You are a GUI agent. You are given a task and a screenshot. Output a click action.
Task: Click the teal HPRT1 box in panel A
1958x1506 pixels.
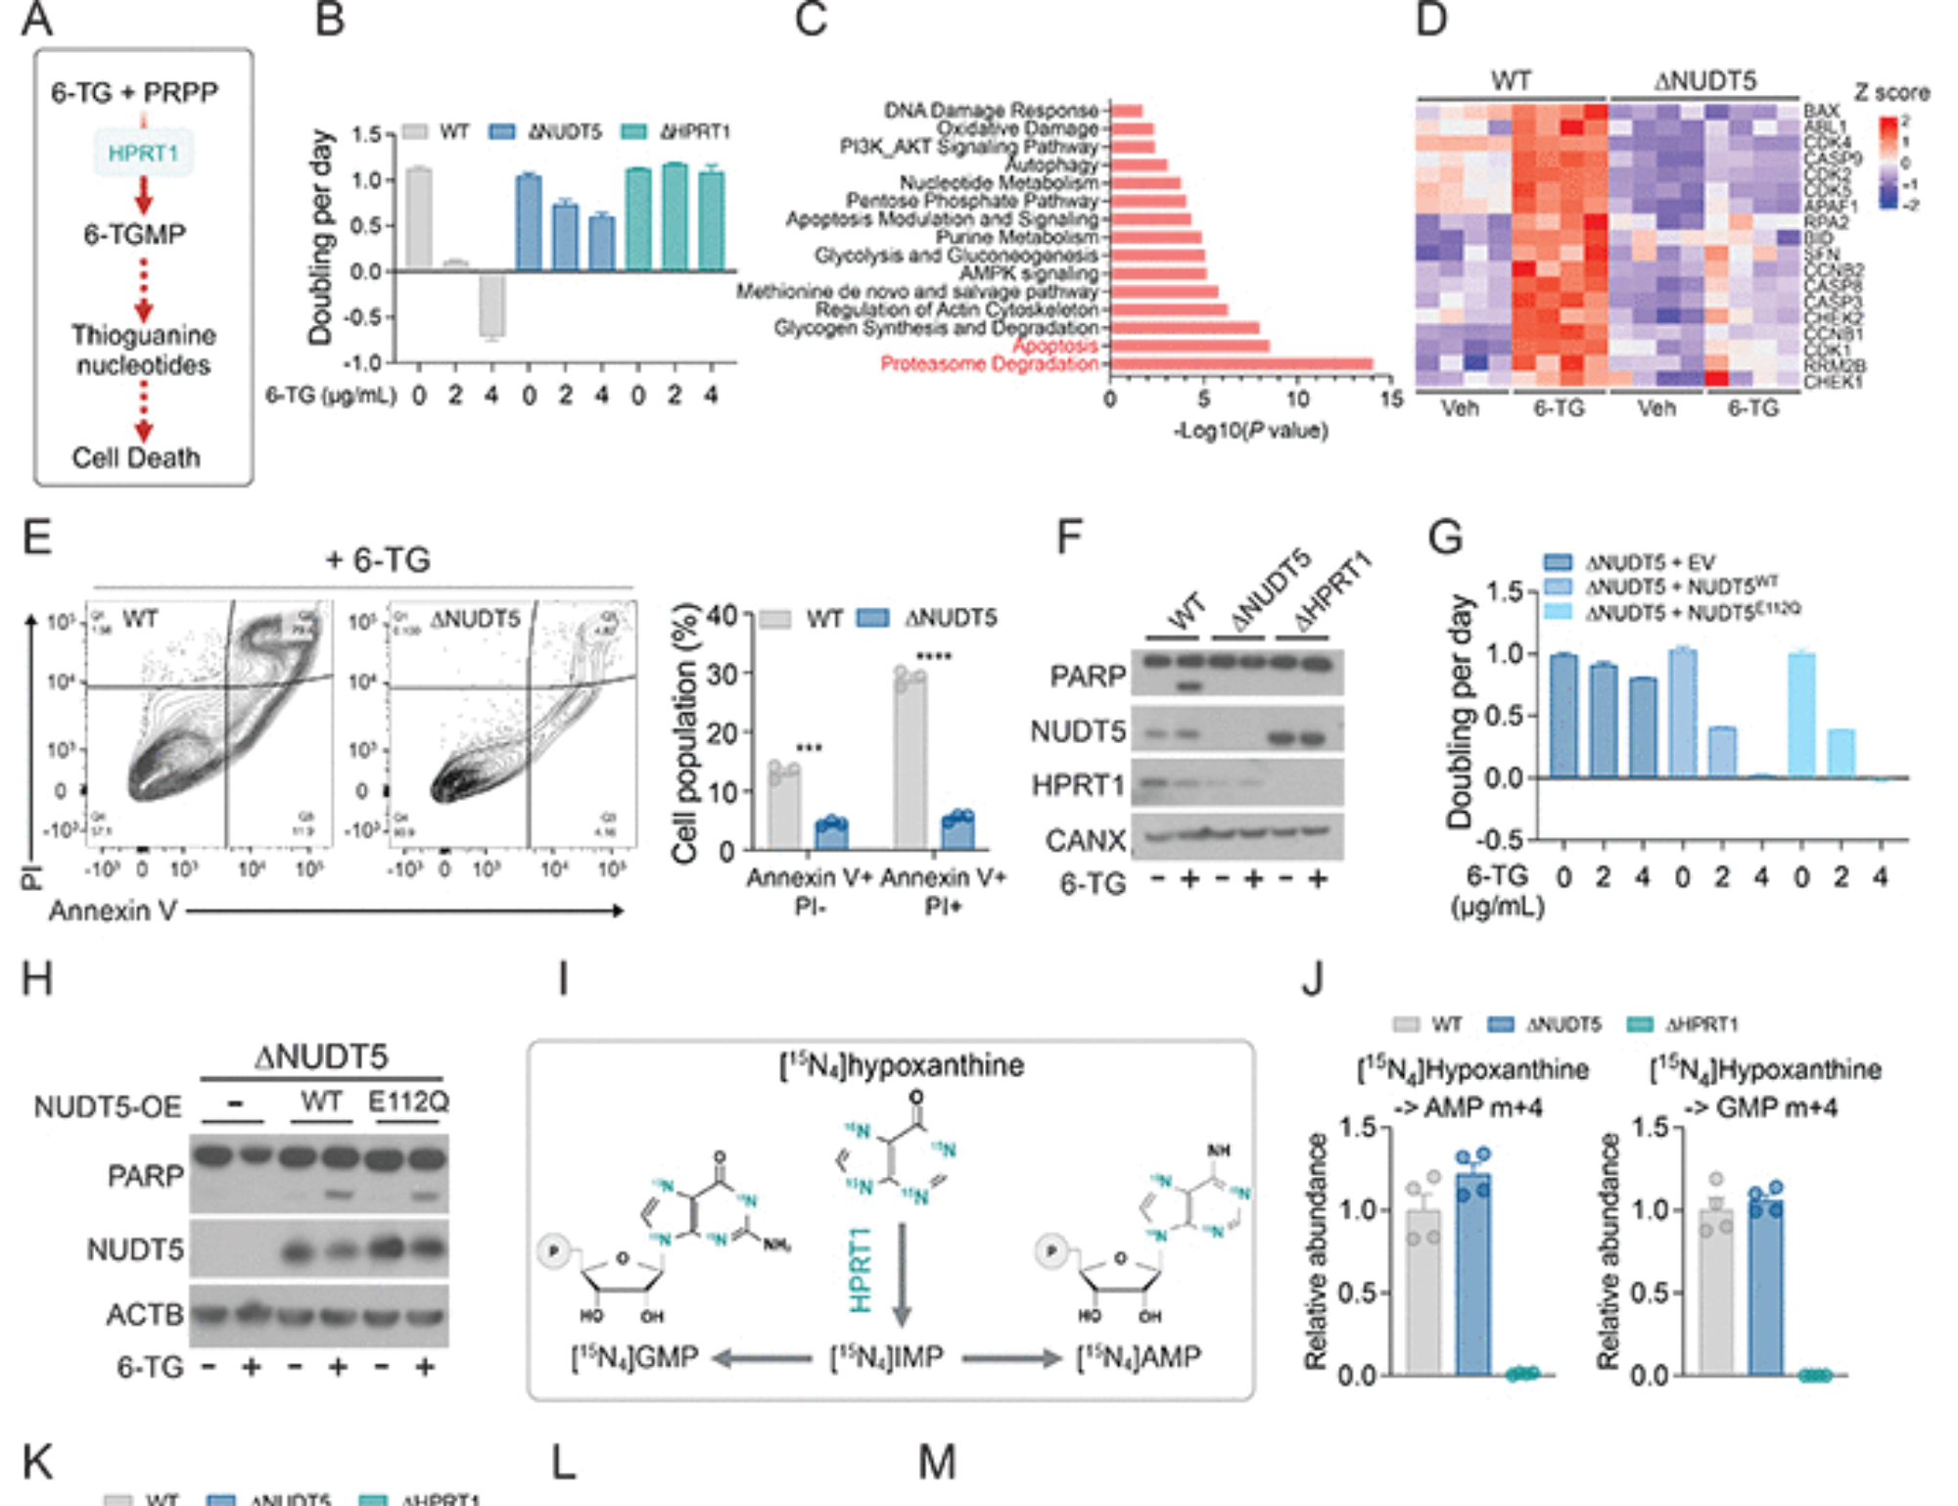click(x=143, y=154)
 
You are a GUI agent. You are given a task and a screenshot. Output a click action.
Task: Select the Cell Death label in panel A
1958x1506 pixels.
click(x=136, y=457)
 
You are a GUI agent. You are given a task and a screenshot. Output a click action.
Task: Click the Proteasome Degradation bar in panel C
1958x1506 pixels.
click(x=1240, y=364)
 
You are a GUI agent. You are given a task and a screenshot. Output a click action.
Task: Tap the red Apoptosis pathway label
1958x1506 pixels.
click(x=1054, y=346)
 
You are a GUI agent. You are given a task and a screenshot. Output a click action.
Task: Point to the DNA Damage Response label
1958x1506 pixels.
click(x=990, y=110)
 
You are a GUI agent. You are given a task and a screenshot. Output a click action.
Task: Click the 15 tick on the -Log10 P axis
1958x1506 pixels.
click(x=1391, y=399)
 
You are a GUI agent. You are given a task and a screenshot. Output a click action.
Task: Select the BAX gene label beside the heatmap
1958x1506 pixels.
click(x=1821, y=111)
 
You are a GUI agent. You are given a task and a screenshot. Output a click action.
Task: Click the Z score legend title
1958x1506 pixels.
click(x=1891, y=93)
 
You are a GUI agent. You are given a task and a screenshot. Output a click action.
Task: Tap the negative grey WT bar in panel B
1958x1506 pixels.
click(x=491, y=306)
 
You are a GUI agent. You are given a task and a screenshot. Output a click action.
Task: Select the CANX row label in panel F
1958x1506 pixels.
click(x=1085, y=840)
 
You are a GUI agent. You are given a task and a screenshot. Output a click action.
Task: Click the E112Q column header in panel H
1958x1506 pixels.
click(x=408, y=1102)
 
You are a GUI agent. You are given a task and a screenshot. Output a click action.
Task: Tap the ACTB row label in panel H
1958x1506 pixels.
click(x=145, y=1314)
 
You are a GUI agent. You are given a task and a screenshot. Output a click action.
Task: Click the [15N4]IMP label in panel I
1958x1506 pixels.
click(x=886, y=1357)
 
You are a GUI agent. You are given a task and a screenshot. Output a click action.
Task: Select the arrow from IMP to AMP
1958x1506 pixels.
click(x=1011, y=1358)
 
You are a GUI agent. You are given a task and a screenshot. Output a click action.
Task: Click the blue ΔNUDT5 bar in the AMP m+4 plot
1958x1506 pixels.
click(x=1472, y=1273)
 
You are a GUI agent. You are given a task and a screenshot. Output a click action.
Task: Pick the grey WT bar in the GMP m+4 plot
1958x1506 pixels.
click(x=1715, y=1292)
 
